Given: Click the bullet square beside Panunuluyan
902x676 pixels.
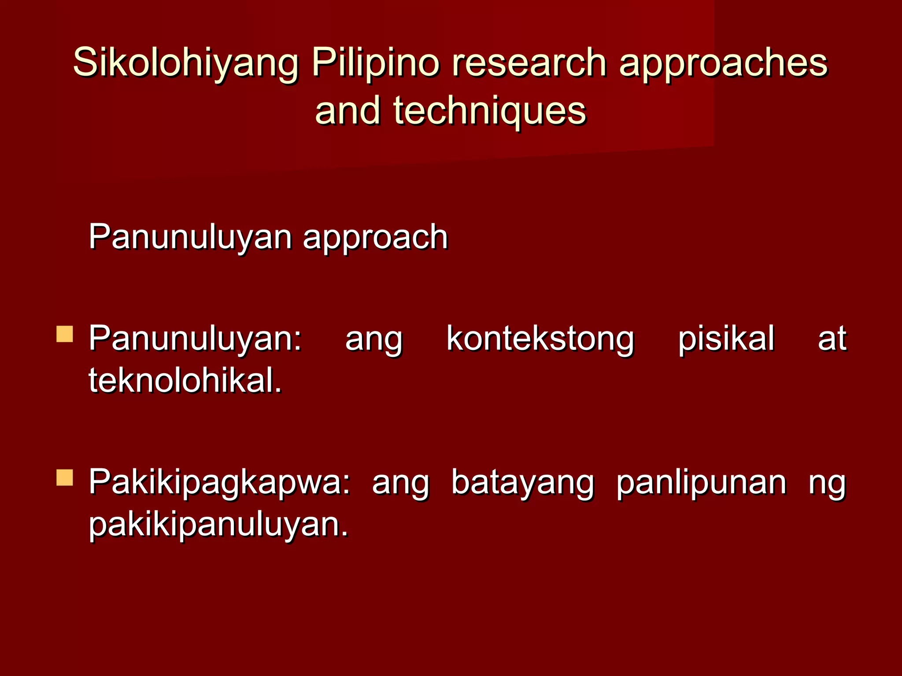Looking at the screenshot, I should [65, 334].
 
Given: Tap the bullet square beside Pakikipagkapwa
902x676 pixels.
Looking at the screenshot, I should [65, 478].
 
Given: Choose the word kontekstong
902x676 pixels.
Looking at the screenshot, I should [540, 339].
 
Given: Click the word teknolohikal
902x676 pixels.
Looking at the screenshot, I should [185, 380].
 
